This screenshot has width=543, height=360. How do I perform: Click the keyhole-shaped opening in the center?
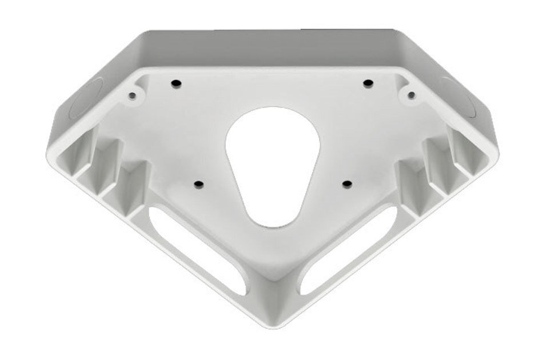pyautogui.click(x=271, y=163)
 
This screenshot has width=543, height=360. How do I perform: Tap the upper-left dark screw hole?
pyautogui.click(x=175, y=84)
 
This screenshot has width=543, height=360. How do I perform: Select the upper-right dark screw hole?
pyautogui.click(x=368, y=84)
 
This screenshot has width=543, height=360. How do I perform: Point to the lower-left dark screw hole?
pyautogui.click(x=198, y=184)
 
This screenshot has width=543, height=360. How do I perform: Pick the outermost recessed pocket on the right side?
pyautogui.click(x=469, y=157)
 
